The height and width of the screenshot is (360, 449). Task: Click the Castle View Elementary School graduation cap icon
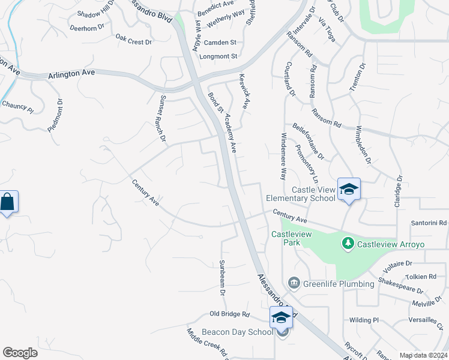tap(349, 189)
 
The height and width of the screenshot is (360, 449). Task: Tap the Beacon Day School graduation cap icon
tap(281, 317)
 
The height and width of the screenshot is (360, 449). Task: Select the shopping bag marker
tap(7, 202)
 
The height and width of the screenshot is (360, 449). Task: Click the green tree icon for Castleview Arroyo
tap(348, 244)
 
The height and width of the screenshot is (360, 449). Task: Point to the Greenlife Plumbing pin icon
tap(294, 283)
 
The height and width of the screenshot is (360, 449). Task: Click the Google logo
tap(20, 353)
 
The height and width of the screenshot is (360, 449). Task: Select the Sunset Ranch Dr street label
tap(162, 118)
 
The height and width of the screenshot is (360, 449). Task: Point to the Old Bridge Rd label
tap(229, 314)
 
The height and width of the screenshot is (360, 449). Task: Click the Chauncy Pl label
tap(18, 106)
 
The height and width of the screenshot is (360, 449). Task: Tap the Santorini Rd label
tap(429, 223)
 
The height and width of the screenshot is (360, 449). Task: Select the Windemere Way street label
tap(283, 157)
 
